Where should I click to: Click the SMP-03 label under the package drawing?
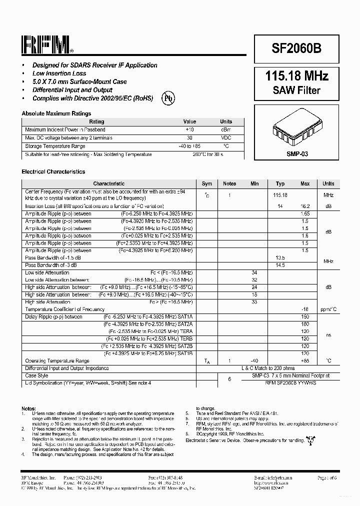pos(297,154)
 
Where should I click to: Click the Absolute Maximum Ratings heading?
pos(56,113)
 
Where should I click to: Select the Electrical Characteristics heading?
pos(53,171)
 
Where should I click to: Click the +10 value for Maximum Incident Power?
pos(189,129)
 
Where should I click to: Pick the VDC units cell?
pos(226,137)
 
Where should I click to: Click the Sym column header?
pos(206,184)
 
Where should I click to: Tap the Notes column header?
pos(229,184)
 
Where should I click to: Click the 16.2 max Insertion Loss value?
pos(305,206)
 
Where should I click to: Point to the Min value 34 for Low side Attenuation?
pos(254,272)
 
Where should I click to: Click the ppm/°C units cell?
pos(328,309)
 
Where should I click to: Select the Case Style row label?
pos(36,375)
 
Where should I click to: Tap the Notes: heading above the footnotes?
pos(28,408)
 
